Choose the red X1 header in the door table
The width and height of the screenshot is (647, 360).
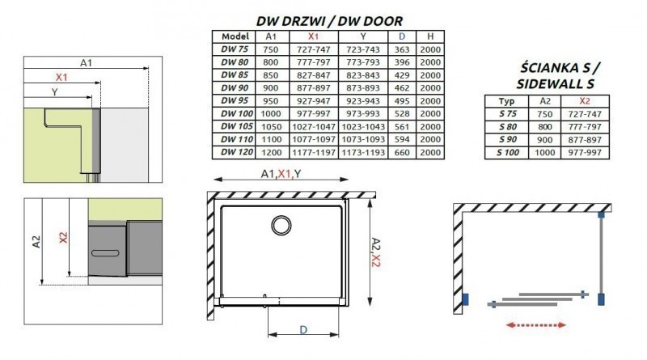(x=314, y=36)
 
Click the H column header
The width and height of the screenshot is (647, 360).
(x=432, y=36)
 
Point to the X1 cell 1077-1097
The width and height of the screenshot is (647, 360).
(x=314, y=138)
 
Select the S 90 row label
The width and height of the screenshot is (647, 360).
(x=507, y=139)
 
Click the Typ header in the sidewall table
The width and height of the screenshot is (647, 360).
(x=507, y=100)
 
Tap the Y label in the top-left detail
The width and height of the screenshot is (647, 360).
(x=54, y=92)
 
